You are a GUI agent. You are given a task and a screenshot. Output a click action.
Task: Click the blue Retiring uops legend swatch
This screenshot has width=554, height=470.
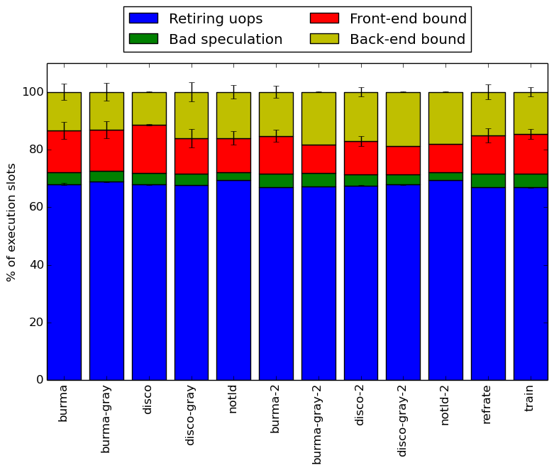(x=143, y=18)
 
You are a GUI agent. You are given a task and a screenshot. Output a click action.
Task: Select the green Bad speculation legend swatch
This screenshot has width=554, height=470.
(x=143, y=39)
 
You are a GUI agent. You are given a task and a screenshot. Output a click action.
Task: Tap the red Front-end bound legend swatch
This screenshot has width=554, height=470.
(x=324, y=18)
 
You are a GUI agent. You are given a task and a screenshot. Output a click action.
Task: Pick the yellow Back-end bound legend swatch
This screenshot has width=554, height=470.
(x=324, y=39)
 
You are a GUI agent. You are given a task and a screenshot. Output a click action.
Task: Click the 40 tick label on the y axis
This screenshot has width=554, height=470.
(x=36, y=265)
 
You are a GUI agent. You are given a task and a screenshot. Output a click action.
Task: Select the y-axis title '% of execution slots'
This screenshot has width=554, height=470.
(x=11, y=223)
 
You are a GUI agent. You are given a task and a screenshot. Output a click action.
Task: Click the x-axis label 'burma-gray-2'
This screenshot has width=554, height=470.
(x=316, y=425)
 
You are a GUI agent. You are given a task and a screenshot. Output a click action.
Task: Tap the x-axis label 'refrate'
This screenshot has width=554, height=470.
(x=486, y=405)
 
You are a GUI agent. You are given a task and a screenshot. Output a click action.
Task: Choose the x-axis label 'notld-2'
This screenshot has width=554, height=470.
(x=444, y=405)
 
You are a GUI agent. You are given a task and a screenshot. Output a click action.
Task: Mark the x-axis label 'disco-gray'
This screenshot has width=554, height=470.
(x=190, y=415)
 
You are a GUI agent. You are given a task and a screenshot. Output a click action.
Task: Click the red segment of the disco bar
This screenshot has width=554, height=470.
(x=149, y=149)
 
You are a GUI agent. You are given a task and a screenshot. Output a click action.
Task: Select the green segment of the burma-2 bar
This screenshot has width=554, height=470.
(x=276, y=181)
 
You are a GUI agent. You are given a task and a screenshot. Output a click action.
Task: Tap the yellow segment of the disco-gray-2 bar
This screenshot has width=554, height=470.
(x=403, y=119)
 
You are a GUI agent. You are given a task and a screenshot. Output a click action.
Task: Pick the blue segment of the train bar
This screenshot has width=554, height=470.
(x=531, y=284)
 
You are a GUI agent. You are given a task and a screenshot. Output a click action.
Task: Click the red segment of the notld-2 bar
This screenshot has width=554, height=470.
(x=445, y=158)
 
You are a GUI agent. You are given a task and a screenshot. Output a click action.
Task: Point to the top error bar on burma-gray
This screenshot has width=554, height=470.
(x=106, y=92)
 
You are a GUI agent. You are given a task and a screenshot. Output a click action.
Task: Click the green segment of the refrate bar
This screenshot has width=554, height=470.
(x=488, y=181)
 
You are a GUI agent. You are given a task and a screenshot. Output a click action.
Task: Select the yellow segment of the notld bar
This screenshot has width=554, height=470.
(x=233, y=116)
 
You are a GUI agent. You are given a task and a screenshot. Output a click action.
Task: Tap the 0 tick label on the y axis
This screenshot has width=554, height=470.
(x=40, y=380)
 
